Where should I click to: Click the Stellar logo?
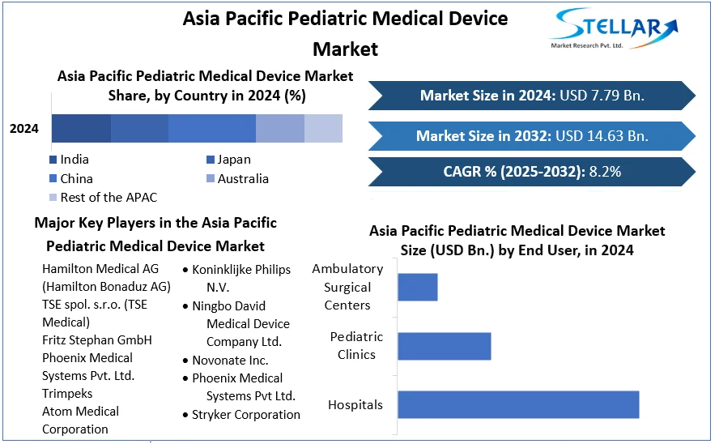(613, 28)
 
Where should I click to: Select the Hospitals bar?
(518, 404)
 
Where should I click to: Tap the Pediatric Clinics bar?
(445, 346)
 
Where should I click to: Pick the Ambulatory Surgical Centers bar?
(418, 287)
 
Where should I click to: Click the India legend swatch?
(53, 160)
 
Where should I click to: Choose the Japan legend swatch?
(211, 160)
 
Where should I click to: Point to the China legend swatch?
(53, 178)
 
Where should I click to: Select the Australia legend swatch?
(211, 178)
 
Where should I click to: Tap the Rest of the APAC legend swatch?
(53, 197)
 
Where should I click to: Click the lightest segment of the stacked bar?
(323, 128)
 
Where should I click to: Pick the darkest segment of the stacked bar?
(81, 128)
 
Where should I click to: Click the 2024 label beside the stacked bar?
(24, 129)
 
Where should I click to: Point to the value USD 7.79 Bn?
(602, 96)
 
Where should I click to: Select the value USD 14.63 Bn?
(602, 136)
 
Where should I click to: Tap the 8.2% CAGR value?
(605, 172)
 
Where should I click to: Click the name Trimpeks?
(67, 393)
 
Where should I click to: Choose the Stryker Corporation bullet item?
(241, 414)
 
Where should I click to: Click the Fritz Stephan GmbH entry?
(97, 340)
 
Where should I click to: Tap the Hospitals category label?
(355, 405)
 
